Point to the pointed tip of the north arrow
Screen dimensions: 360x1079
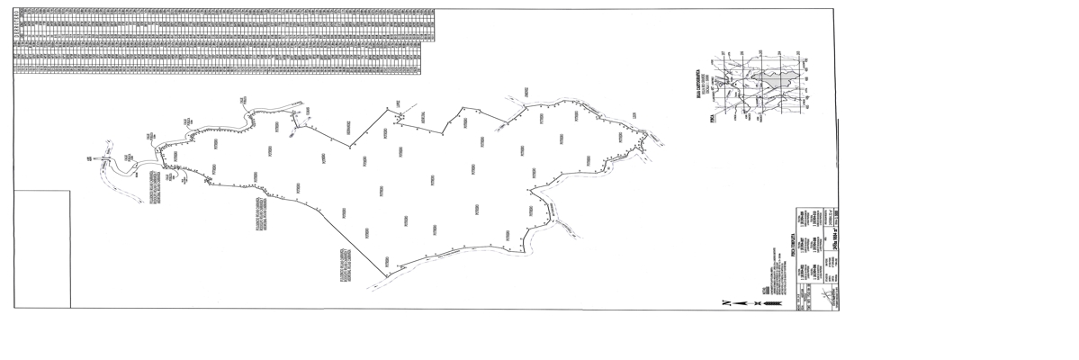(x=733, y=303)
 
